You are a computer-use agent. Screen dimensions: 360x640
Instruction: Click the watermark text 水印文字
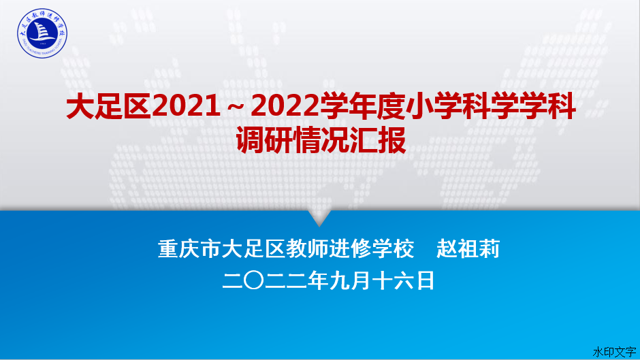pos(614,352)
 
